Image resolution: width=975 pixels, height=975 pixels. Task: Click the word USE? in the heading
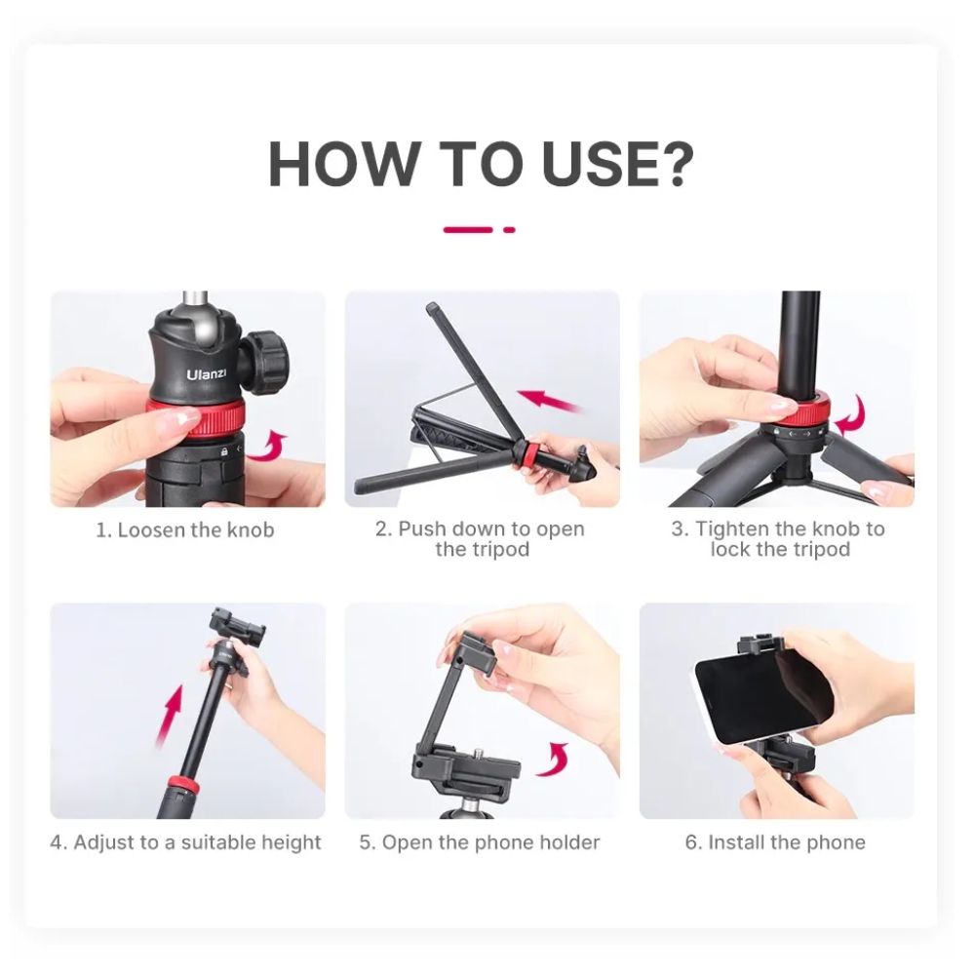[x=617, y=164]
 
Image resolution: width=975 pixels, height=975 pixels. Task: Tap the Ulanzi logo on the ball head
[x=207, y=374]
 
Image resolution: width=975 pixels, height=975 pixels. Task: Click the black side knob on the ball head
[x=267, y=360]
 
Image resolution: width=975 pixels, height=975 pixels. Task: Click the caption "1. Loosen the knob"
[x=184, y=530]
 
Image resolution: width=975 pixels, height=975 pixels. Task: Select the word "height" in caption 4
[x=291, y=842]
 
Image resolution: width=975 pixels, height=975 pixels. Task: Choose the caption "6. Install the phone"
[x=775, y=842]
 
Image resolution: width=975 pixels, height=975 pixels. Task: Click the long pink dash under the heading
[x=468, y=230]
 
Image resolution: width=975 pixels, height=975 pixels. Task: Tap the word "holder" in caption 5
[x=569, y=842]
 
